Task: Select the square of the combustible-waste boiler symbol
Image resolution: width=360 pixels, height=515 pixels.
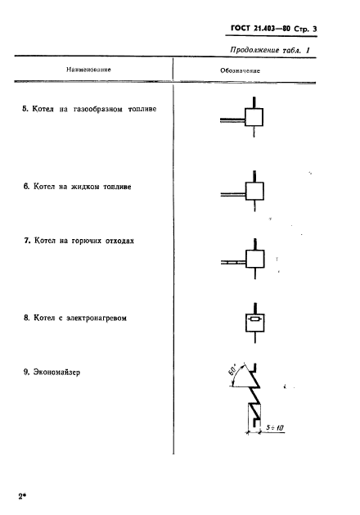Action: click(254, 260)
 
